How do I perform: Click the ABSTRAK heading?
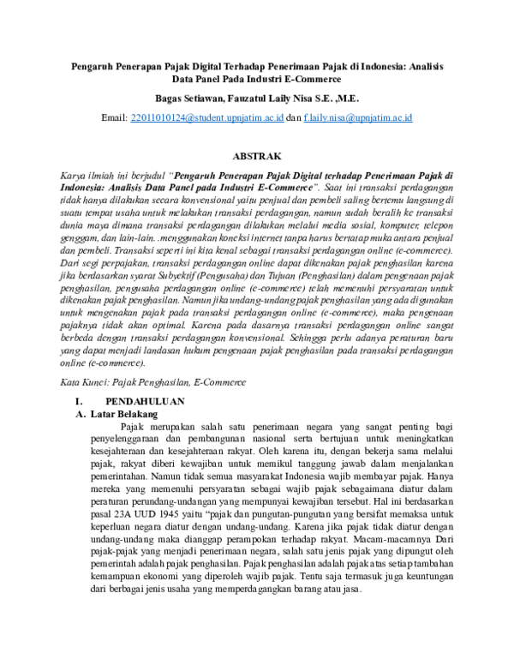[257, 157]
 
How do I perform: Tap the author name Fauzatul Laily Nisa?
[267, 99]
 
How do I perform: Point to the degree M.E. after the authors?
[347, 99]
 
